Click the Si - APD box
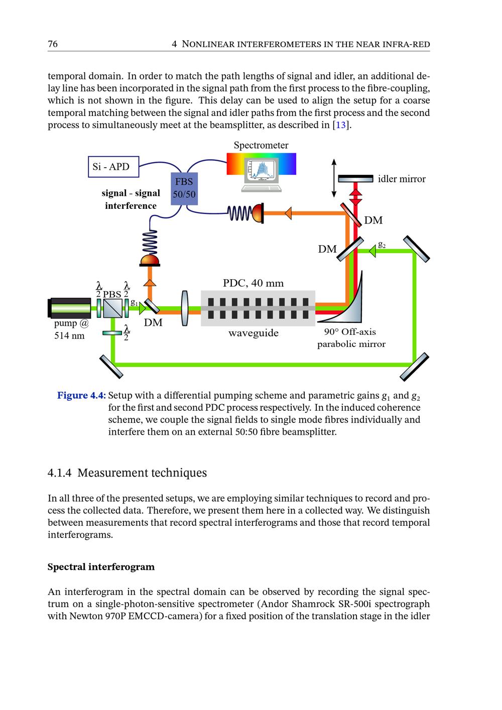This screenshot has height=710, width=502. coord(113,167)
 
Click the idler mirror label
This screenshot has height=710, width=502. coord(402,179)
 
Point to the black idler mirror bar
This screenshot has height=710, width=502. coord(355,178)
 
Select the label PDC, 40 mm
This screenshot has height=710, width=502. coord(253,283)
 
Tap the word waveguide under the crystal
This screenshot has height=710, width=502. coord(253,333)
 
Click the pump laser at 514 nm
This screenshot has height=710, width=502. coord(70,308)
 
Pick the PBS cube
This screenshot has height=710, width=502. coord(113,308)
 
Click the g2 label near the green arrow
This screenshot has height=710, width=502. coord(382,245)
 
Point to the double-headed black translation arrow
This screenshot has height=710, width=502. coord(333,178)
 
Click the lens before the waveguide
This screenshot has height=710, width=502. coord(184,308)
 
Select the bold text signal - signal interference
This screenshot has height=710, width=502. coord(131,199)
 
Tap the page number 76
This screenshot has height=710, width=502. coord(53,44)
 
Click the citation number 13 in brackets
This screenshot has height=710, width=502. coord(341,125)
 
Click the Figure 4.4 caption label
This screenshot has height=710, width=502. coord(81,396)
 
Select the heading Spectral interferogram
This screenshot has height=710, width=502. coord(101,567)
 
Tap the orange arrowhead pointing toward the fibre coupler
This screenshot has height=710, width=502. coord(288,213)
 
